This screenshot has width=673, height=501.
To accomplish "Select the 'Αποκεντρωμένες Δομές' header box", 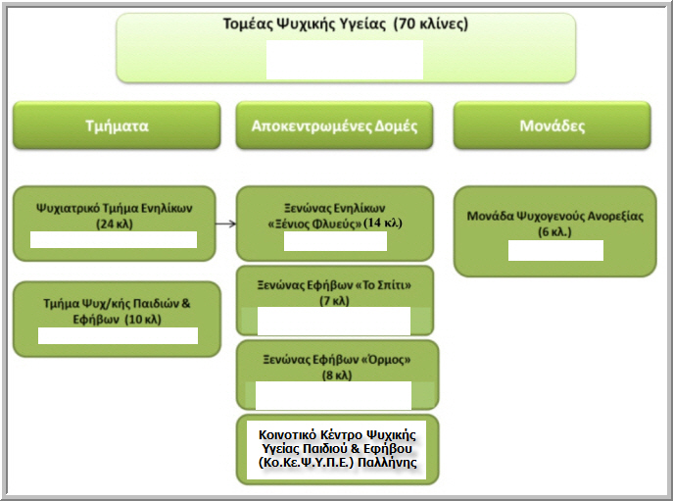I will pos(334,126).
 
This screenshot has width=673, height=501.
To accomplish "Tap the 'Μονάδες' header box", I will pos(552,126).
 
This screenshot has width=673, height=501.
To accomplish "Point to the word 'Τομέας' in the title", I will pos(248,25).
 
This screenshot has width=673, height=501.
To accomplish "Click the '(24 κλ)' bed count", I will pos(114,223).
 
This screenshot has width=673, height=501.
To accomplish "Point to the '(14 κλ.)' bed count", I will pos(384,223).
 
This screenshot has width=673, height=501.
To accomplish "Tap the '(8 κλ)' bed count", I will pos(337,375).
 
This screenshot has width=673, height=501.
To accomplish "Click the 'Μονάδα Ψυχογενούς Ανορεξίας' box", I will pos(554,217).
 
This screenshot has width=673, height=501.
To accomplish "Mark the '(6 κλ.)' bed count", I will pos(554,231).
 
